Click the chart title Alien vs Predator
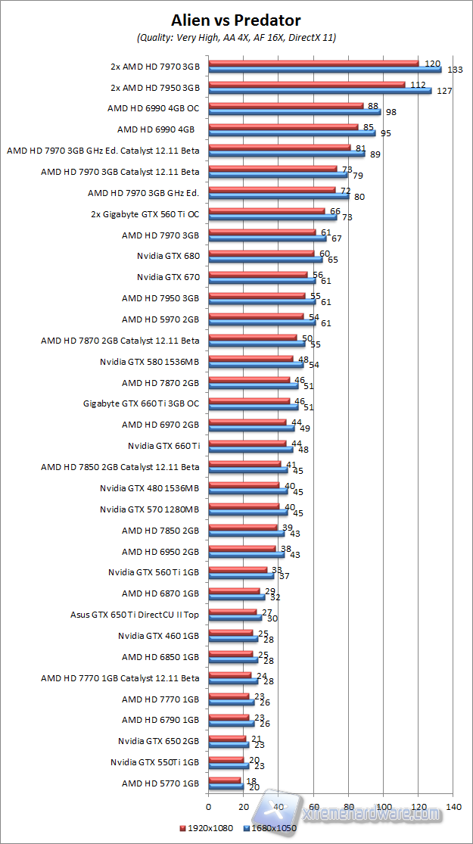point(236,20)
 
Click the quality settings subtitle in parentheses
point(236,37)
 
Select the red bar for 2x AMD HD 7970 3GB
point(313,63)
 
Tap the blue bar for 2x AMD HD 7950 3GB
point(319,91)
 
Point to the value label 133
point(454,70)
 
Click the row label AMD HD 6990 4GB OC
point(154,108)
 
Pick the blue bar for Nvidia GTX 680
point(265,260)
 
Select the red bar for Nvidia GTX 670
point(257,274)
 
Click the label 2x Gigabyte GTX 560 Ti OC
point(145,213)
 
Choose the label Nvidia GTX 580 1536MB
point(149,362)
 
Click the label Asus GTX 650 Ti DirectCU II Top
point(135,615)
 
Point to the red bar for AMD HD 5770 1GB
point(224,780)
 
